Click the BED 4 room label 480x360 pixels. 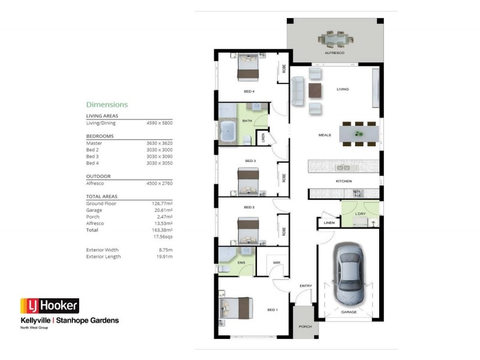(x=249, y=92)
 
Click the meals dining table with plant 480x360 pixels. (x=359, y=133)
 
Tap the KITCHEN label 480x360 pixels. (x=344, y=181)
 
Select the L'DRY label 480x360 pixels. (x=361, y=214)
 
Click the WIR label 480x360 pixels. (x=276, y=262)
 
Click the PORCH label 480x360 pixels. (x=305, y=327)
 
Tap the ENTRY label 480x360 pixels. (x=305, y=286)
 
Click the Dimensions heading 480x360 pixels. (x=107, y=104)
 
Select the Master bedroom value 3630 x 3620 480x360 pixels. (x=159, y=143)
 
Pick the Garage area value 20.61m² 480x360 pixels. (x=162, y=210)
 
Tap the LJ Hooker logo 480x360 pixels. (x=49, y=306)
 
